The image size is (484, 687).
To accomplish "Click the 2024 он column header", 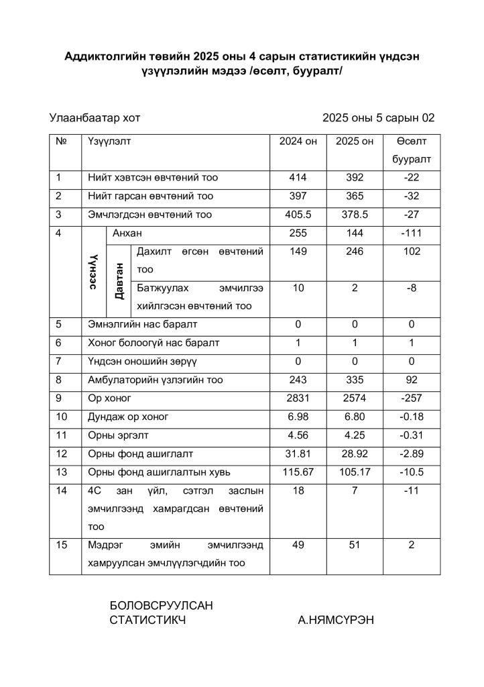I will [298, 142].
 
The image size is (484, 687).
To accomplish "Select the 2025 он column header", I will [355, 142].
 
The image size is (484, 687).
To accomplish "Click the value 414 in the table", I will [298, 178].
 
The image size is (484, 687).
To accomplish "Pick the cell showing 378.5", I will [355, 215].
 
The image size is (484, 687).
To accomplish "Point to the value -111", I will [412, 233].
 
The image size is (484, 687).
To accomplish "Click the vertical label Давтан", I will [119, 280].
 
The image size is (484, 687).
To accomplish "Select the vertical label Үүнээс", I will [95, 272].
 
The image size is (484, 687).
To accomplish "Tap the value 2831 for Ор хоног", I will [298, 398].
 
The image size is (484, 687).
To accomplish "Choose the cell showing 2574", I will [355, 398].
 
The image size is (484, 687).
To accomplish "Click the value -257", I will [412, 398].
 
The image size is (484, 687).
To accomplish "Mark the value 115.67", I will [298, 472].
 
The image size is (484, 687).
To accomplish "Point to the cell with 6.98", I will [298, 417].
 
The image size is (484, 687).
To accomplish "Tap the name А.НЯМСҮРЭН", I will [336, 620].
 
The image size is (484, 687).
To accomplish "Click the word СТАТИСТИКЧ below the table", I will [147, 620].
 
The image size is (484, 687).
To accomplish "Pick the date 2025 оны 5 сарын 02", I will [378, 118].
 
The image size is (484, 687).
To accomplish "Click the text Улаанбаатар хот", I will [95, 118].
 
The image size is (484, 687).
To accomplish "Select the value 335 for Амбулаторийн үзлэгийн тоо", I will [355, 380].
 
